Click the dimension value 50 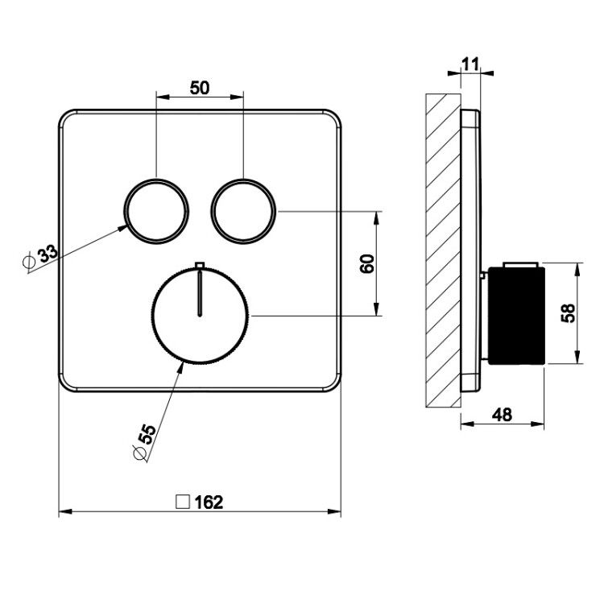200,88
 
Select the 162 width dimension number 209,503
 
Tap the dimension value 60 367,264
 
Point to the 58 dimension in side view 569,312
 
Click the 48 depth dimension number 503,415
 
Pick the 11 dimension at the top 470,64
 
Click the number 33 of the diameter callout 47,254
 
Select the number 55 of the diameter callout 147,434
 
